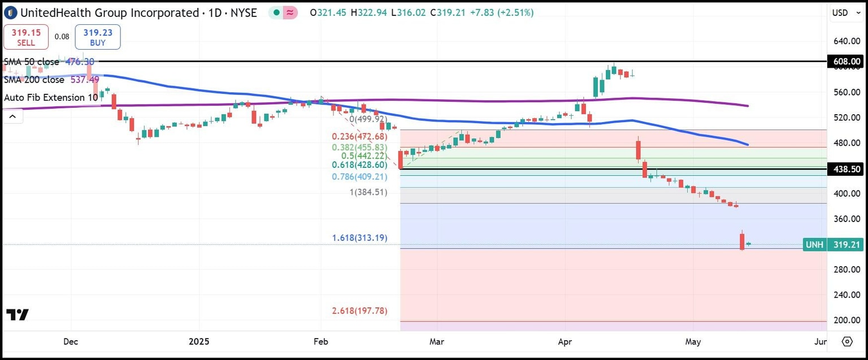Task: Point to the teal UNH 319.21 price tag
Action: coord(834,245)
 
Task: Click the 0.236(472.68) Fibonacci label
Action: coord(359,137)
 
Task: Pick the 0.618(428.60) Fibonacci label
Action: coord(359,164)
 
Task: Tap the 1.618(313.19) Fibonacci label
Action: coord(359,238)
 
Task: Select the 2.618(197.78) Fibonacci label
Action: coord(359,311)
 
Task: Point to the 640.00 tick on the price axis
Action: coord(845,41)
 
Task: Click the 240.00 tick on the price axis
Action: coord(845,295)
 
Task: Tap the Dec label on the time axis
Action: coord(71,342)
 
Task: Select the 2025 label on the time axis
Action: coord(199,342)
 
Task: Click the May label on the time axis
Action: coord(693,342)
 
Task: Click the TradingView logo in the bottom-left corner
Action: coord(18,315)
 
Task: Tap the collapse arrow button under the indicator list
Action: coord(12,116)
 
